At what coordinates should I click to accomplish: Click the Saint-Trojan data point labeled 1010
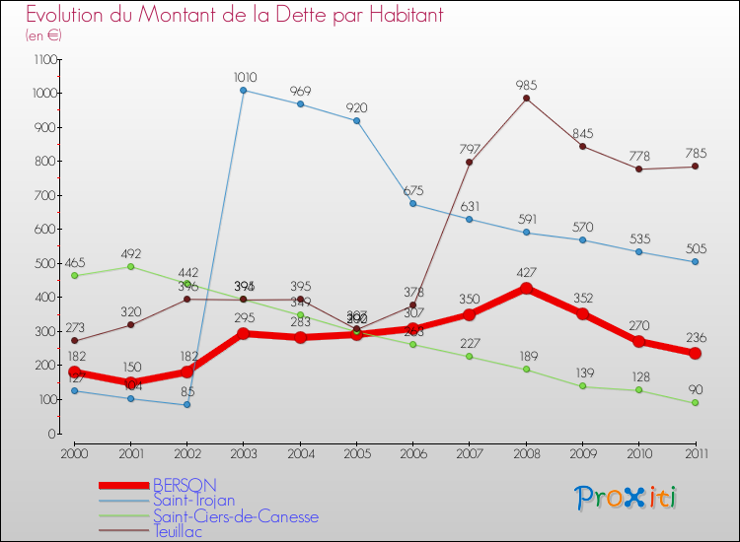click(x=244, y=91)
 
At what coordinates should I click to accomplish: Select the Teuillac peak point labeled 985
click(x=526, y=98)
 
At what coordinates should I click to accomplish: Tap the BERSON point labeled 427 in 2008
click(x=526, y=289)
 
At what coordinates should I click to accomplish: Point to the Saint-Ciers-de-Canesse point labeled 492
click(x=130, y=266)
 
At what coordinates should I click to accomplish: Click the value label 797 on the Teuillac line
click(x=470, y=149)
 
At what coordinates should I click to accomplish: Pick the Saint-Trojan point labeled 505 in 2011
click(x=695, y=262)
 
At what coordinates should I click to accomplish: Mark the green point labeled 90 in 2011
click(x=695, y=403)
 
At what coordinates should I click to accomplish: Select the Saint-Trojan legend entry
click(x=193, y=501)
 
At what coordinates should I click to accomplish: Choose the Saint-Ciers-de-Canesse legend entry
click(x=235, y=516)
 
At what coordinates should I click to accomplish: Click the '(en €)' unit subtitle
click(x=43, y=35)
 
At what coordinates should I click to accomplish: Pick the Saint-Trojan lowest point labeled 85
click(x=186, y=405)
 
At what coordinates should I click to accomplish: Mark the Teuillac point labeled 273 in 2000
click(x=74, y=341)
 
